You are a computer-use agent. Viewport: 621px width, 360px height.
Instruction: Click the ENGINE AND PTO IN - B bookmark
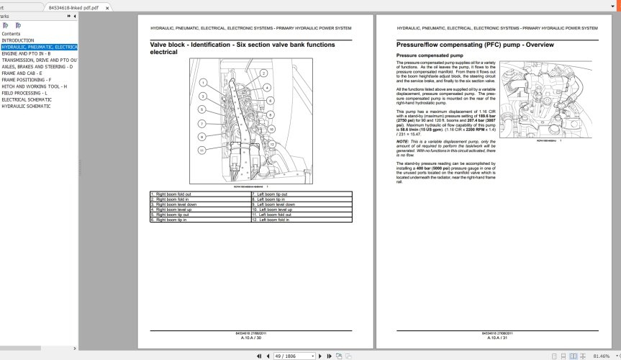(26, 53)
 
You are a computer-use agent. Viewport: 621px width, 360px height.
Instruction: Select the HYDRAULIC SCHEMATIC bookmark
(26, 106)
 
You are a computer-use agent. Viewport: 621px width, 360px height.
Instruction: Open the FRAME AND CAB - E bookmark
(22, 73)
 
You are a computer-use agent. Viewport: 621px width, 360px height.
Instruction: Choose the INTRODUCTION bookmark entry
(18, 40)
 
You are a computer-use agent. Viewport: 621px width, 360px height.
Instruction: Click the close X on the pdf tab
(109, 6)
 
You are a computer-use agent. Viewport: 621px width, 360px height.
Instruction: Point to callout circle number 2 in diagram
(264, 73)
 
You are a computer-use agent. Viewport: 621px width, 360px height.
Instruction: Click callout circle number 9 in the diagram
(204, 136)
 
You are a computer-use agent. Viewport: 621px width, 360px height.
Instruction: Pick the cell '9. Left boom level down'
(276, 204)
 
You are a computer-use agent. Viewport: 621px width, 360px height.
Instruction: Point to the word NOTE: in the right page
(403, 141)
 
